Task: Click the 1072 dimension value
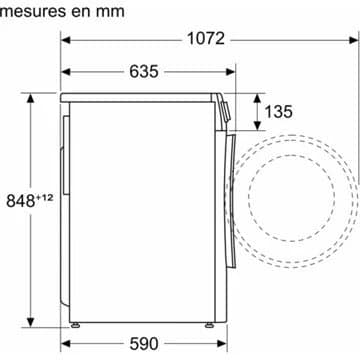206,39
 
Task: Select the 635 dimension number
144,71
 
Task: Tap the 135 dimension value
278,111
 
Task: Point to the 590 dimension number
144,344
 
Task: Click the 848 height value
21,201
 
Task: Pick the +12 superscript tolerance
44,198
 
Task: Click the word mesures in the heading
33,11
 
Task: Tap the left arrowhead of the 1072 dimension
66,40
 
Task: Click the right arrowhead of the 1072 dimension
354,40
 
